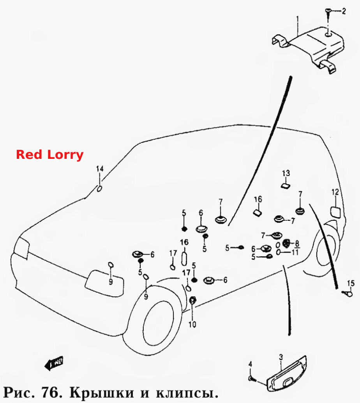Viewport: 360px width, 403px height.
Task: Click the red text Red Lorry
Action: coord(49,155)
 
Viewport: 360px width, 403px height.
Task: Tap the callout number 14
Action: coord(100,169)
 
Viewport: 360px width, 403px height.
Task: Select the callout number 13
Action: coord(286,173)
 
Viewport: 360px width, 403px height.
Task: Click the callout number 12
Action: coord(335,192)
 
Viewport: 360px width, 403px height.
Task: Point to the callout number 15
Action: coord(351,283)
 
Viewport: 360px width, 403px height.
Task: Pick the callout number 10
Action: coord(192,325)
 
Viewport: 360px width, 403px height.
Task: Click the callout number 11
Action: coord(295,252)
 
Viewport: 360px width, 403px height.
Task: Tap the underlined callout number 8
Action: coord(297,243)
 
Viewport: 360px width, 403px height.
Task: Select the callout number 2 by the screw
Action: coord(344,11)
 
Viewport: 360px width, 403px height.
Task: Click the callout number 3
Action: coord(281,357)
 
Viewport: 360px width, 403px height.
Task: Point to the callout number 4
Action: coord(250,364)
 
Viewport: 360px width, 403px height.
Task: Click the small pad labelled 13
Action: coord(285,186)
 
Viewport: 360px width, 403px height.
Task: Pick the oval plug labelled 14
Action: coord(99,189)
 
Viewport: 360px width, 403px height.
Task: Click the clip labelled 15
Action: coord(348,293)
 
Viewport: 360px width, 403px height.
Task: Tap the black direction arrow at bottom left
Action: coord(54,363)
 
